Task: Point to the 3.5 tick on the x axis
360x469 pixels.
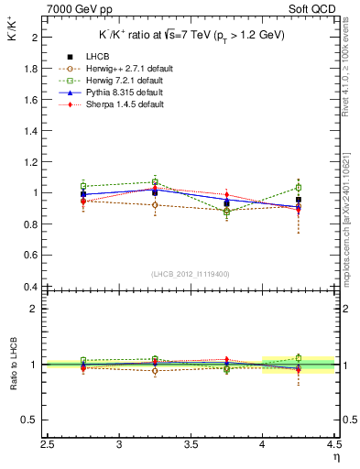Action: click(191, 444)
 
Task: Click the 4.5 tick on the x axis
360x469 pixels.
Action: click(333, 444)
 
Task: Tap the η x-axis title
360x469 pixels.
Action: click(336, 457)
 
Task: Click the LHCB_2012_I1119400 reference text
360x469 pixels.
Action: click(191, 274)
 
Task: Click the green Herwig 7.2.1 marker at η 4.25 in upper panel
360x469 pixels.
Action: click(299, 187)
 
